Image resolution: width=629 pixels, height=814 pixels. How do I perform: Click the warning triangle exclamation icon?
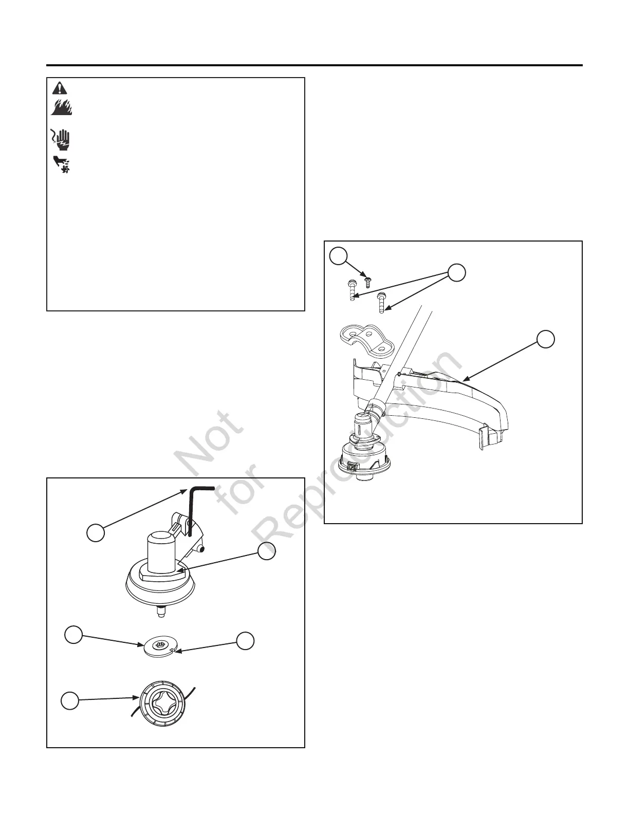(60, 88)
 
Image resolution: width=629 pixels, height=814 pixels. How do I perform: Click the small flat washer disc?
(159, 646)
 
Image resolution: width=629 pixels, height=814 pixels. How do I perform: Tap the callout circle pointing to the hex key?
(96, 532)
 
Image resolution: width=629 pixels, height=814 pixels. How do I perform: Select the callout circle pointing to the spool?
(70, 701)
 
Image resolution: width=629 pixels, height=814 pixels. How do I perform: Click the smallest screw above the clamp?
(367, 280)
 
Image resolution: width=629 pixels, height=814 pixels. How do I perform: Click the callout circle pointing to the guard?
(546, 338)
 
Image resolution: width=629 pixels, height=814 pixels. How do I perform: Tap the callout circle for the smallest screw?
(338, 255)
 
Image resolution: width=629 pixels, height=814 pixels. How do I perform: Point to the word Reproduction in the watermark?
(360, 447)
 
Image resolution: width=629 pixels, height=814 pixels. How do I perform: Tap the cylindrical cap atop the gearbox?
(161, 546)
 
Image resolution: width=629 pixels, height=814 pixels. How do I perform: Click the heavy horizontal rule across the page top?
(314, 65)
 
